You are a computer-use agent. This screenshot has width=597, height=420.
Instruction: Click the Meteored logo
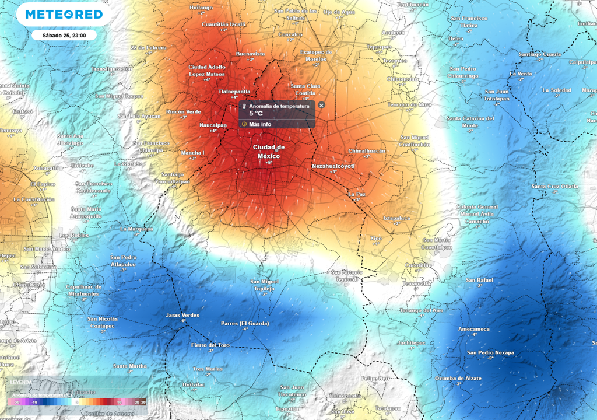pos(63,14)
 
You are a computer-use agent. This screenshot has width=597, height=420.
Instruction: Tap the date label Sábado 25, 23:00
pos(64,36)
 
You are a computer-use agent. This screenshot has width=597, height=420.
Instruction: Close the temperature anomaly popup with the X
pos(321,105)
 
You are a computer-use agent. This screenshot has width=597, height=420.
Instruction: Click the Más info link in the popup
pos(259,124)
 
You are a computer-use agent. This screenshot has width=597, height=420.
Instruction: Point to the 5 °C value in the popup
pos(256,114)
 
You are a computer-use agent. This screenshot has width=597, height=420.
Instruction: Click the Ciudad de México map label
pos(269,152)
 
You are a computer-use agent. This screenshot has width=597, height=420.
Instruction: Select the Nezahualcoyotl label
pos(333,166)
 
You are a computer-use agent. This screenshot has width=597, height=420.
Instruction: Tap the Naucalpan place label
pos(213,125)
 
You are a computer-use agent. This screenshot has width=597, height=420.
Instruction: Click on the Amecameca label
pos(474,329)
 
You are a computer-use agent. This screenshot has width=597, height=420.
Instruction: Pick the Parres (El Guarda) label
pos(245,323)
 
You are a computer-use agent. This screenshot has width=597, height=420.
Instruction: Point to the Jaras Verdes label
pos(182,315)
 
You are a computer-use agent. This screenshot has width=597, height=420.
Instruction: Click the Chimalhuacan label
pos(367,150)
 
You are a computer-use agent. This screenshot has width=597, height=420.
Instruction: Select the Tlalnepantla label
pos(234,92)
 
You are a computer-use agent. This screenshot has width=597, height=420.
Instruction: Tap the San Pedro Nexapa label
pos(490,352)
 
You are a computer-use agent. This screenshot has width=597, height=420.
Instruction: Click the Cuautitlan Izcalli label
pos(224,24)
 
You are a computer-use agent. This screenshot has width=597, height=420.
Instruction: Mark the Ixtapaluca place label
pos(396,218)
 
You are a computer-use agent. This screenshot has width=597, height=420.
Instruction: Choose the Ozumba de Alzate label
pos(458,378)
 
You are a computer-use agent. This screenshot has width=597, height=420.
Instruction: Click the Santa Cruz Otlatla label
pos(554,186)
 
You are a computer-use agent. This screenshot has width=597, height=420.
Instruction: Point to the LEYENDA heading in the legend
pos(21,382)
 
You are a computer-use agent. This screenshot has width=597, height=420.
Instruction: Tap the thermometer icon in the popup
pos(244,107)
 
